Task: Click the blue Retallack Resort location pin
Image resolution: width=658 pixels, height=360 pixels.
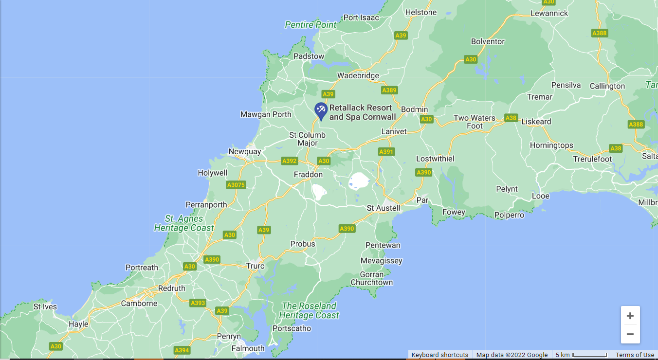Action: pos(321,110)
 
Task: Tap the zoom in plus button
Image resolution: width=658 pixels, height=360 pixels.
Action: pos(630,316)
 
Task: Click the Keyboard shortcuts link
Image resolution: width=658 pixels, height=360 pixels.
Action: pos(439,355)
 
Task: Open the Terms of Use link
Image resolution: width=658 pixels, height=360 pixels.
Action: pos(635,355)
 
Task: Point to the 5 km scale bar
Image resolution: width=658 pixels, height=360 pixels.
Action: pos(582,355)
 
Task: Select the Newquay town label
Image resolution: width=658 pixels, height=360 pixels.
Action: pos(245,151)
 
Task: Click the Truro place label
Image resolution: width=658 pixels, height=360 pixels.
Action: pos(256,266)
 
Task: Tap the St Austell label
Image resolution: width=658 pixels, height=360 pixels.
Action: pos(384,208)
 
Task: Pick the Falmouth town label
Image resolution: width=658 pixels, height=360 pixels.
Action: pos(248,348)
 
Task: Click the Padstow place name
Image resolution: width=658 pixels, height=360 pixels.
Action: pos(309,56)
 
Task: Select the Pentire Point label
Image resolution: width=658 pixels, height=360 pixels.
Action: pos(311,25)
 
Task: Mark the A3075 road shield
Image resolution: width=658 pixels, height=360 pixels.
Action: pos(236,185)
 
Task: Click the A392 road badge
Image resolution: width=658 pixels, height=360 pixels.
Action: pos(289,161)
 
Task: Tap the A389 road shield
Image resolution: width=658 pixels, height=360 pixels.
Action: pos(389,90)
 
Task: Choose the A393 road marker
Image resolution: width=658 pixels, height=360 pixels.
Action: pos(198,303)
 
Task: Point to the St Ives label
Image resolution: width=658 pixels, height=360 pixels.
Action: pos(45,307)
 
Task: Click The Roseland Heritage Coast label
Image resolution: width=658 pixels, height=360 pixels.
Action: pos(309,310)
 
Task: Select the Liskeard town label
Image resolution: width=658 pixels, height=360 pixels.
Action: pos(536,122)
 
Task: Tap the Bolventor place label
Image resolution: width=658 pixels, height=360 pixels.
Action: pos(488,41)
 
